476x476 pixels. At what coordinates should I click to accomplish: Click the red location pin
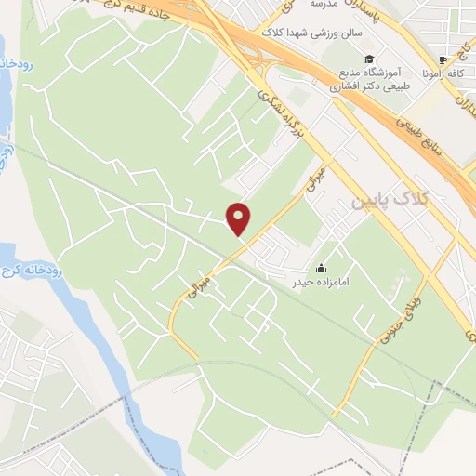click(x=239, y=218)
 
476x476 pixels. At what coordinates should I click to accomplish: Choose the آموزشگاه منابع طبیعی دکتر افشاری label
click(x=372, y=81)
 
